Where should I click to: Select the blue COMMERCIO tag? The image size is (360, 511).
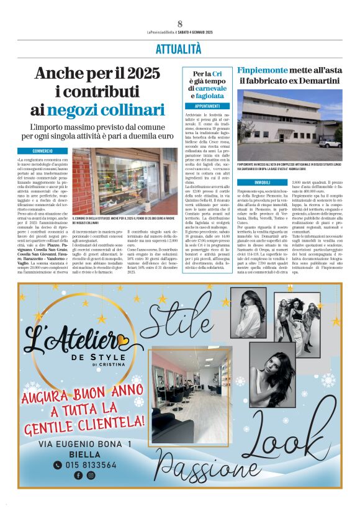tap(51, 151)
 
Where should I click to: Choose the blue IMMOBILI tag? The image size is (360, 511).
tap(263, 182)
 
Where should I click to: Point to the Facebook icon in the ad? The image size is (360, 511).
tap(78, 476)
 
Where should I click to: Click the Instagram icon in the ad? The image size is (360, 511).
tap(91, 476)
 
